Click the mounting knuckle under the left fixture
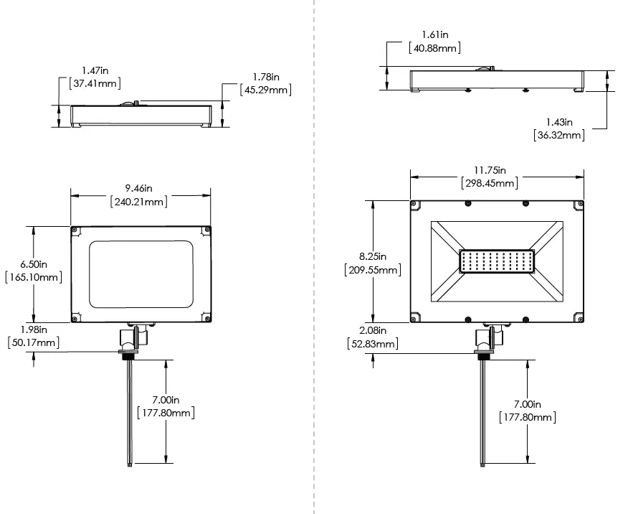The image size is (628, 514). pyautogui.click(x=133, y=337)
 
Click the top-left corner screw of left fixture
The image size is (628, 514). pyautogui.click(x=75, y=230)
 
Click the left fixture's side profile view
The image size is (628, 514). pyautogui.click(x=141, y=115)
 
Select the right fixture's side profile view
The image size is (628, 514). pyautogui.click(x=496, y=80)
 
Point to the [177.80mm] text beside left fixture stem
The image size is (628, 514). pyautogui.click(x=165, y=413)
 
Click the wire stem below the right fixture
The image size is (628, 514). pyautogui.click(x=485, y=409)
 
